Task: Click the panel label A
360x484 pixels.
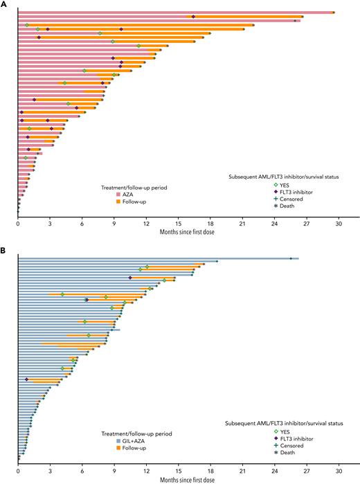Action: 4,4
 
